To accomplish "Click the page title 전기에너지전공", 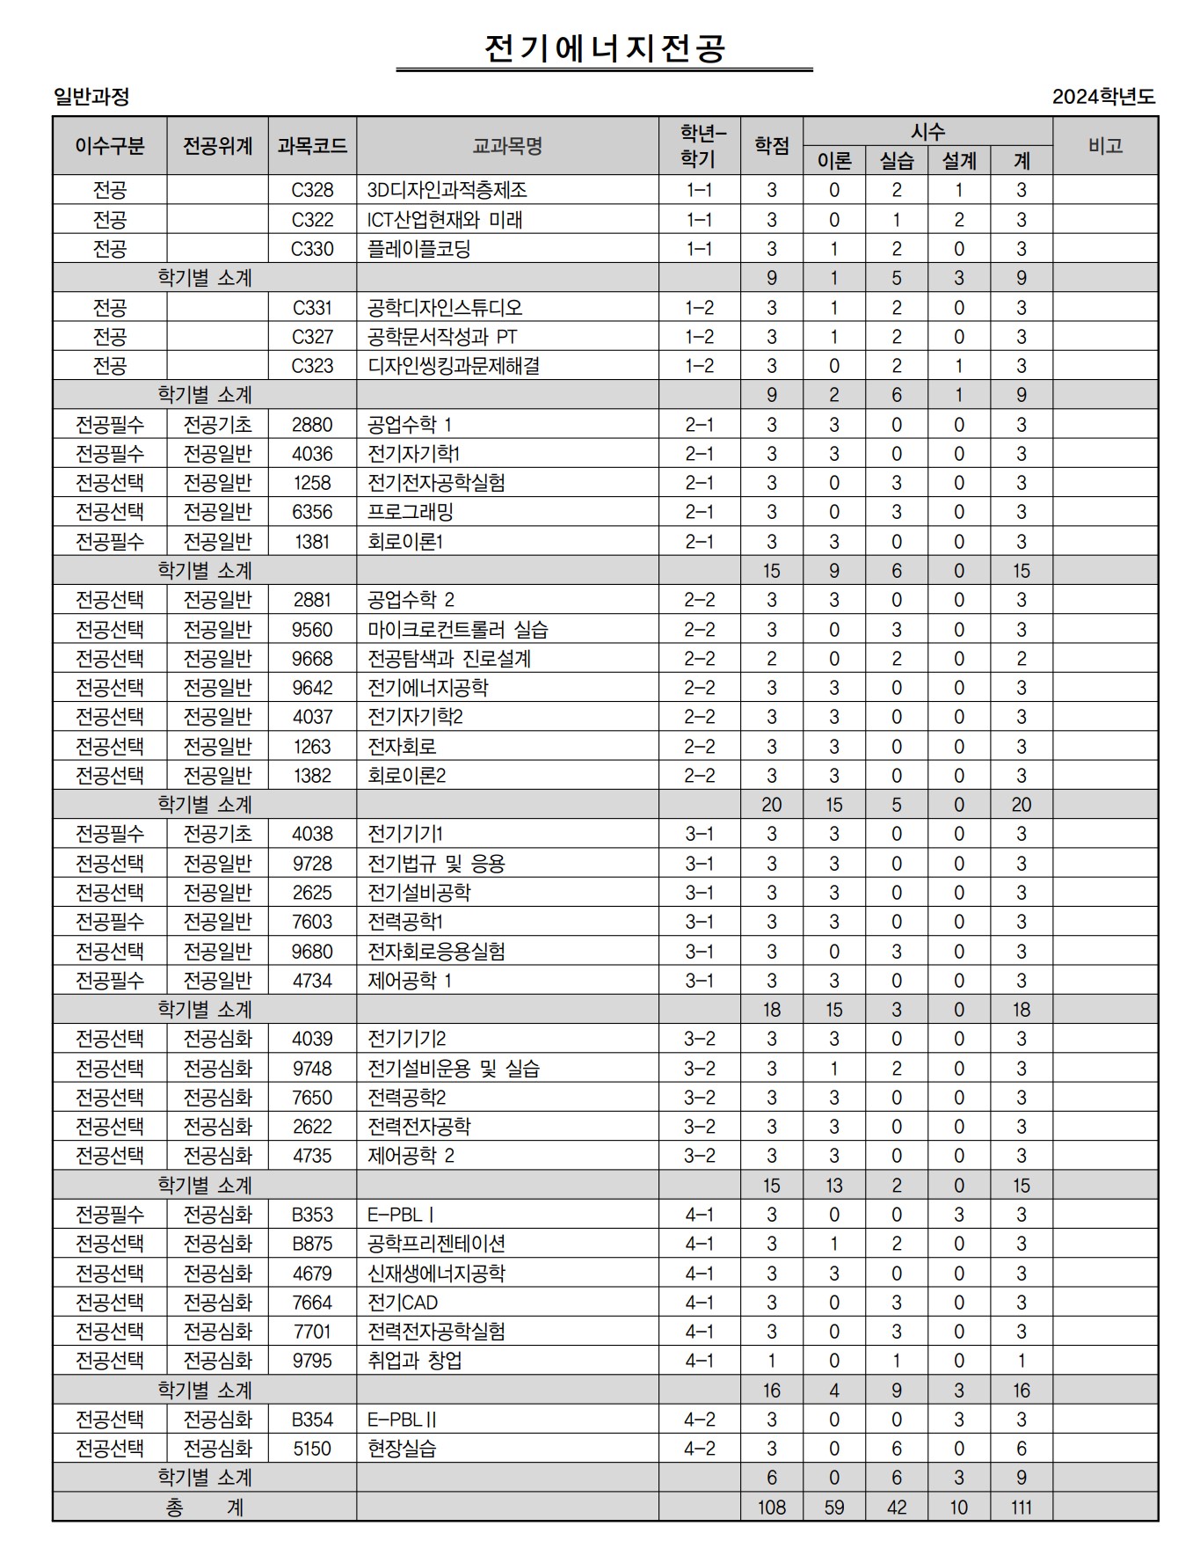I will tap(604, 48).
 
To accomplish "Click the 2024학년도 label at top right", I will tap(1103, 97).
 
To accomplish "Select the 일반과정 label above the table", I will tap(91, 97).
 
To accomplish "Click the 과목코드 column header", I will tap(312, 146).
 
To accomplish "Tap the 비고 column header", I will tap(1105, 146).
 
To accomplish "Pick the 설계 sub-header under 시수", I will tap(959, 161).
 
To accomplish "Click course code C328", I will tap(312, 190).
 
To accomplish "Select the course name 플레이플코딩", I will tap(418, 249).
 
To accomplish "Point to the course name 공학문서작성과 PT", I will tap(442, 337).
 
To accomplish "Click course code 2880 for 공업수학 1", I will tap(312, 425).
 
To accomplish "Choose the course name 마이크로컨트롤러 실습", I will tap(457, 630).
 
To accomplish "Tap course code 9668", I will tap(312, 659).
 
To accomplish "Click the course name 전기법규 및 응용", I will tap(436, 864).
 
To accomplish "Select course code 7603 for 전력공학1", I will tap(312, 922).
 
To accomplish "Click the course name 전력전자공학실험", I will tap(436, 1332).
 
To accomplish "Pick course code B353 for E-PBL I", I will tap(312, 1215).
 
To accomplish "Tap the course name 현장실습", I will tap(402, 1449).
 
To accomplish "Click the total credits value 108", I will tap(771, 1508).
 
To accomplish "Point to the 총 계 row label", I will tap(204, 1508).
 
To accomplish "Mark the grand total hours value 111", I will tap(1021, 1508).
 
